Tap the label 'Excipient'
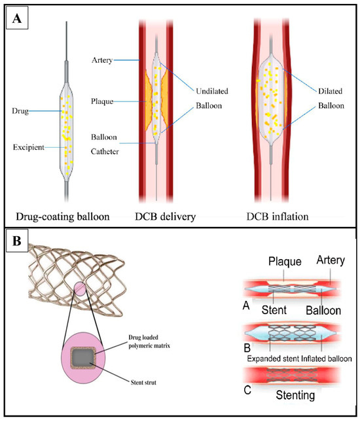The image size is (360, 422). click(27, 148)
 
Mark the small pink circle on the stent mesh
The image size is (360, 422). click(82, 289)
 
